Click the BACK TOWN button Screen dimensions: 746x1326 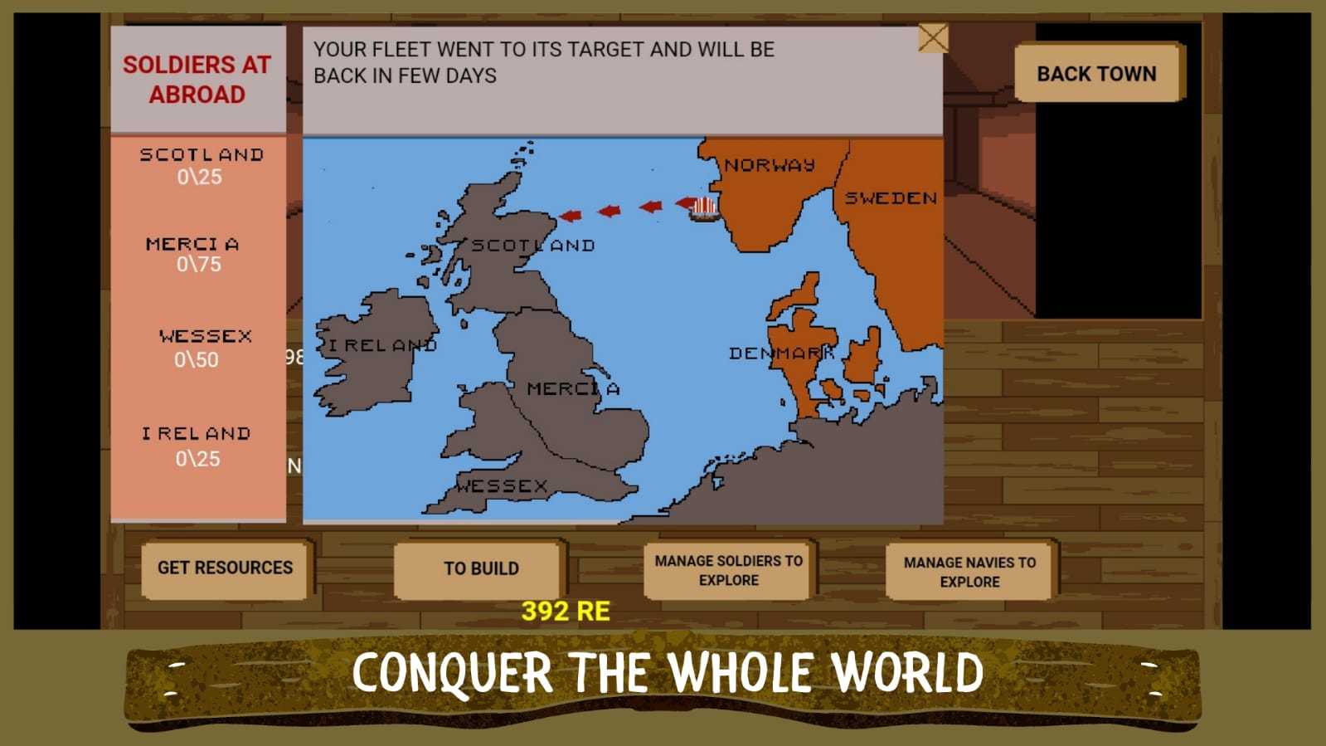(x=1096, y=73)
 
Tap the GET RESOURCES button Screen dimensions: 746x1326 (x=225, y=568)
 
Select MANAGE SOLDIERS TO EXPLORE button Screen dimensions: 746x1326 (x=728, y=571)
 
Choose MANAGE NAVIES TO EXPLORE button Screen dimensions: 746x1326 (x=969, y=572)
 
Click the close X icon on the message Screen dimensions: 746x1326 (x=933, y=38)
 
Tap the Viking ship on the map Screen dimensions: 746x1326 (x=704, y=208)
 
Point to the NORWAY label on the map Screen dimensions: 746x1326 (x=770, y=165)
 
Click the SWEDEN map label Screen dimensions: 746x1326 (x=891, y=198)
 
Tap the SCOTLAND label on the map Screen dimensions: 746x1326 (x=533, y=246)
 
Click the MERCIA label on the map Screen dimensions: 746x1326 (x=573, y=388)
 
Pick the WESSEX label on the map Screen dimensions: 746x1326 (x=502, y=486)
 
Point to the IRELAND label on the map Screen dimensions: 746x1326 (x=382, y=345)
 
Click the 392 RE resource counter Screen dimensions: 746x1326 (x=566, y=612)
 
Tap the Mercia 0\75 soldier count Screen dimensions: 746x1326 (x=199, y=265)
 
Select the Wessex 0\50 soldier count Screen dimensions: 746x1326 (x=197, y=360)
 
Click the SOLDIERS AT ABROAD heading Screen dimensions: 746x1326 (x=197, y=80)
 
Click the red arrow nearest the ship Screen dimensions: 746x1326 (x=684, y=202)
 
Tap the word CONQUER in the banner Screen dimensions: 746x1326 (x=452, y=672)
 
